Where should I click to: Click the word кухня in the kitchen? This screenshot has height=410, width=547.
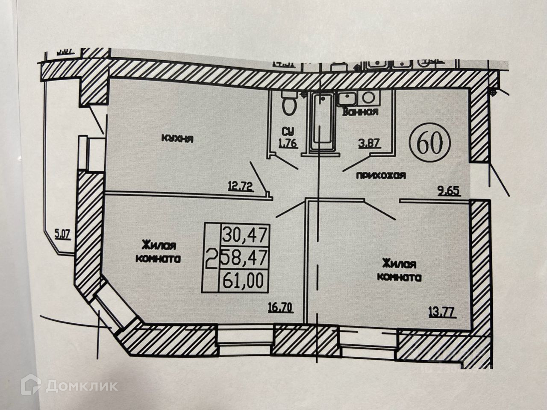tap(177, 138)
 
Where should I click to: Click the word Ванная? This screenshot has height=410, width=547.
tap(360, 112)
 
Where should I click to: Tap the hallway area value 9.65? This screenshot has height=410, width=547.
tap(449, 191)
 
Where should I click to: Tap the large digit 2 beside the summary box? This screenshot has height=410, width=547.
tap(211, 258)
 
